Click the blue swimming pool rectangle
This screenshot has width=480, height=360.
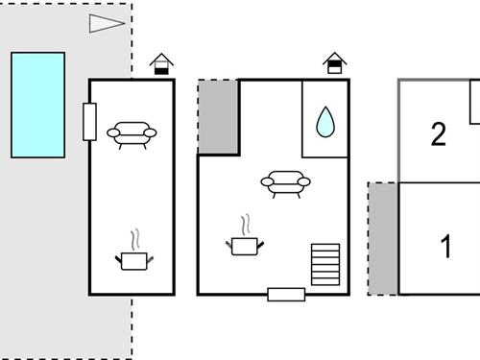point(38,105)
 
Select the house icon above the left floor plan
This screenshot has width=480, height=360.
point(162,64)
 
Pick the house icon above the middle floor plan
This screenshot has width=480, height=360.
point(334,63)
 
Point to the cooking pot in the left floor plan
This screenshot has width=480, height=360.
point(132,258)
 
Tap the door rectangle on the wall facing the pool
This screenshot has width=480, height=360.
point(89,121)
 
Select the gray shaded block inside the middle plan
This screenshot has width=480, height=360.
point(219,117)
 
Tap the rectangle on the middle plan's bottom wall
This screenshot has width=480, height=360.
point(286,295)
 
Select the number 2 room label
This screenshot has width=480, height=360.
point(439,134)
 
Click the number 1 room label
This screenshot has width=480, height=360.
point(445,247)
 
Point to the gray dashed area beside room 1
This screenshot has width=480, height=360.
point(384,239)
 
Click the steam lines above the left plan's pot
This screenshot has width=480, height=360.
point(134,237)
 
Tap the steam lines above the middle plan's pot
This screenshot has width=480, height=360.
point(246,224)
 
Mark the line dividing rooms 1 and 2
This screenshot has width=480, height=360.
point(440,182)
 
